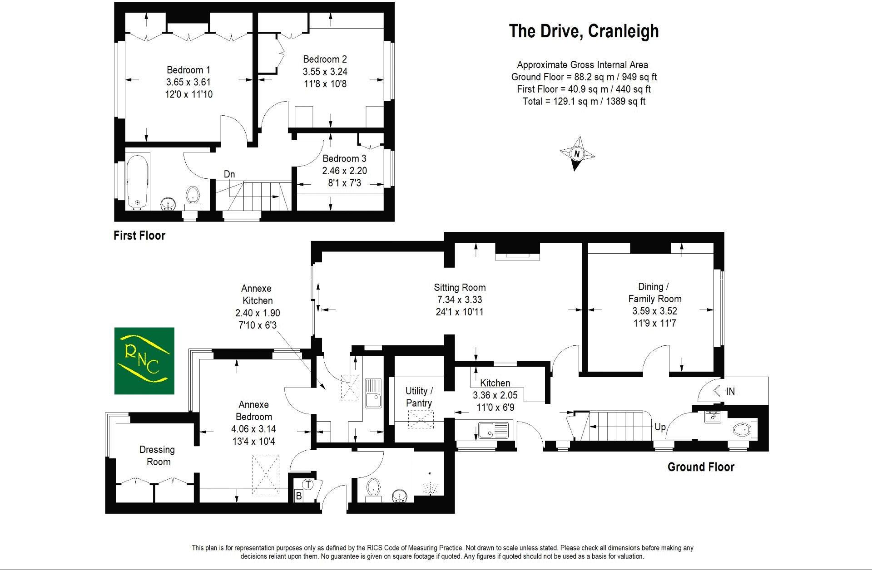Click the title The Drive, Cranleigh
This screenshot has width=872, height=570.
coord(584,31)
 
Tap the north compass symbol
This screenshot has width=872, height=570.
coord(577,154)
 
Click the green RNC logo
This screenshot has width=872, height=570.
coord(144,360)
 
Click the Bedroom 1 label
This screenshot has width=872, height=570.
coord(188,70)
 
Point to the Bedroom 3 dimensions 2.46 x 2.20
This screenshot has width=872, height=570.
coord(344,171)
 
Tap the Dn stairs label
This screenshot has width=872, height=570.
coord(229,174)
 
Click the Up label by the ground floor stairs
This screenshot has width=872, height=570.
coord(660,427)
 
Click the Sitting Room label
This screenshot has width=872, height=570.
coord(460,287)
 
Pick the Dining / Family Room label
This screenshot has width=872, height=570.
coord(654,293)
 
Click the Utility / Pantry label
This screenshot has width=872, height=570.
coord(419,397)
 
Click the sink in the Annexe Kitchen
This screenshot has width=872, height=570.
coord(373,393)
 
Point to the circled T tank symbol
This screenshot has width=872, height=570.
coord(308,485)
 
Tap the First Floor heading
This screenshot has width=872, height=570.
coord(139,236)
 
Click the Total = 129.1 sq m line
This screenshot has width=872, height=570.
coord(584,101)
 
